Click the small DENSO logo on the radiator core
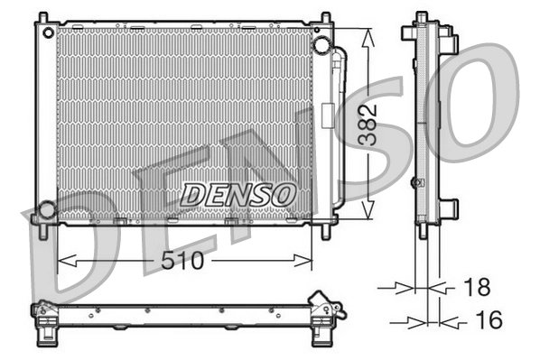[x=238, y=193]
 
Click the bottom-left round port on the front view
[x=45, y=212]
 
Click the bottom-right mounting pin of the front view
[x=325, y=231]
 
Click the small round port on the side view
[x=415, y=183]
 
